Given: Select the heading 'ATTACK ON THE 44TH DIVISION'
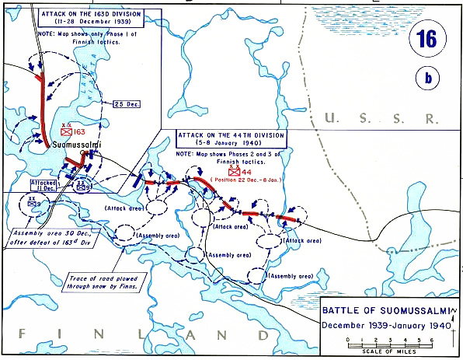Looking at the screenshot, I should tap(232, 135).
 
